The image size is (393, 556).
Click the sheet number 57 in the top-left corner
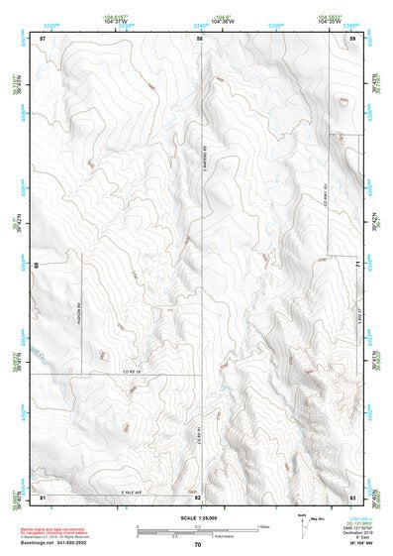(x=43, y=38)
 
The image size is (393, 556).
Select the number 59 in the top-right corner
(x=352, y=38)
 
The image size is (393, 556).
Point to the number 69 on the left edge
(x=36, y=266)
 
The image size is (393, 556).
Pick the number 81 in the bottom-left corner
(x=43, y=496)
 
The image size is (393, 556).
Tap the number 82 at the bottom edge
(x=198, y=497)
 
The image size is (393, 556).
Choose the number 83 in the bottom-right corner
(x=352, y=496)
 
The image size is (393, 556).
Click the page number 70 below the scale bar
(x=198, y=544)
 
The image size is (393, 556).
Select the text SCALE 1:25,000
(x=196, y=517)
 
